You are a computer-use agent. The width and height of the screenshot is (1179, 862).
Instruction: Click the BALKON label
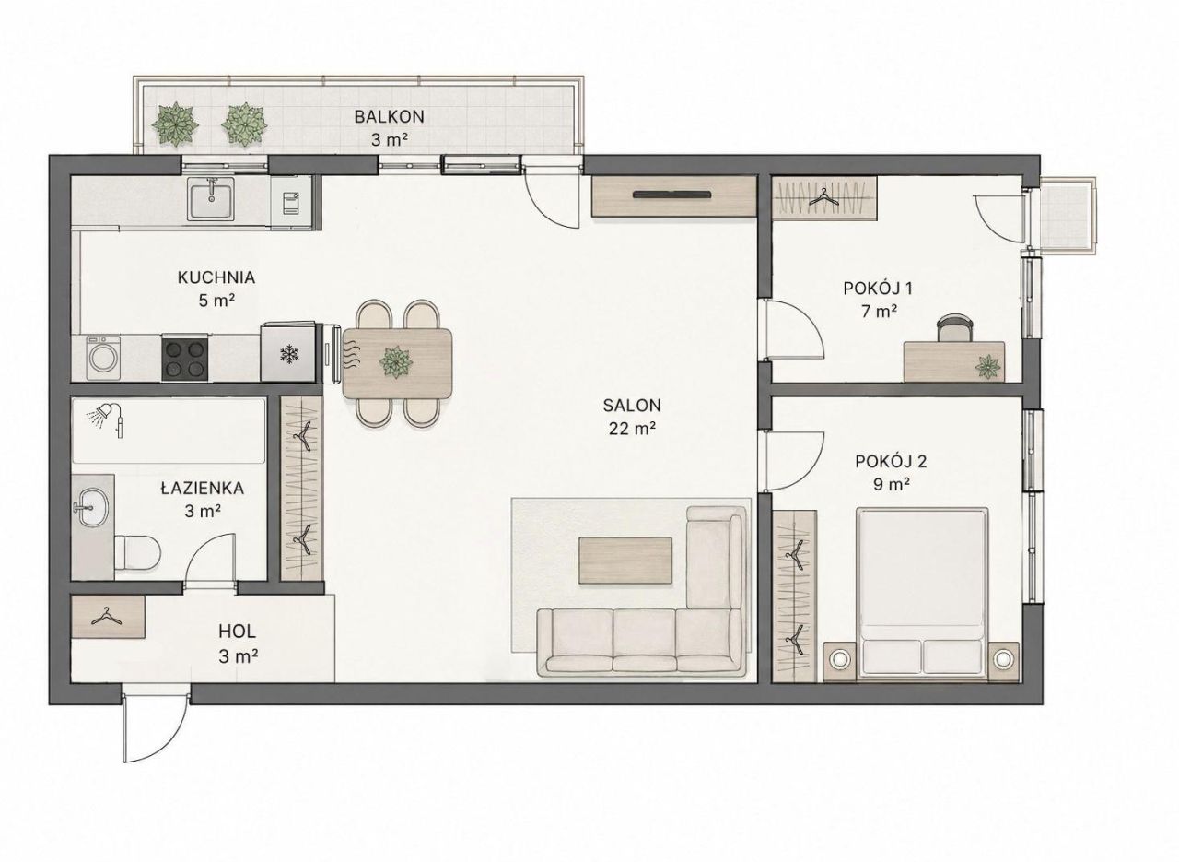(x=389, y=116)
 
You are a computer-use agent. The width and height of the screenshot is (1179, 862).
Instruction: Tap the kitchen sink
(x=212, y=198)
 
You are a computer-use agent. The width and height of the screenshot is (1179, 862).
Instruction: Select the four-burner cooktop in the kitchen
(x=184, y=358)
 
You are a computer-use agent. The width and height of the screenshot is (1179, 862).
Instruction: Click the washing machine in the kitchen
(x=104, y=359)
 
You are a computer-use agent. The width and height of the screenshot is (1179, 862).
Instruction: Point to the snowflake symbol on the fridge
(x=289, y=353)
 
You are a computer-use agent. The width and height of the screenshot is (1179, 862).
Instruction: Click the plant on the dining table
(x=396, y=362)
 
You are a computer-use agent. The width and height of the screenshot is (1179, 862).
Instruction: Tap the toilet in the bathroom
(x=137, y=552)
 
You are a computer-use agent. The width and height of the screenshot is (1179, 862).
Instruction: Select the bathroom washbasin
(x=93, y=507)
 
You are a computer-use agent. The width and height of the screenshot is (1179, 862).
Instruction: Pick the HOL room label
(x=237, y=631)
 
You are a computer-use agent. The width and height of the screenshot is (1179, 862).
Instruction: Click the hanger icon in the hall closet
(x=107, y=617)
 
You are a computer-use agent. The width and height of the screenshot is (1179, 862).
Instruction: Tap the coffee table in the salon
(x=625, y=561)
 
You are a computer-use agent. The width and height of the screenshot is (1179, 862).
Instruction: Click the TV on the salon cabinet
(x=673, y=195)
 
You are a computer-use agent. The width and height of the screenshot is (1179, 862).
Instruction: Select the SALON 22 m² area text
(x=632, y=429)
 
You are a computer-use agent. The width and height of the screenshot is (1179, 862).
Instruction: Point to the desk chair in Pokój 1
(x=954, y=327)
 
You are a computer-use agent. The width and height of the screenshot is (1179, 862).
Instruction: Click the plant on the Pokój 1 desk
(x=988, y=366)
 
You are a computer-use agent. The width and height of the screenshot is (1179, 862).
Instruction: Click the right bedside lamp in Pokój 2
(x=1004, y=658)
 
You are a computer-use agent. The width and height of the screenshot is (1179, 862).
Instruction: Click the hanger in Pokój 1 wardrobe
(x=823, y=198)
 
